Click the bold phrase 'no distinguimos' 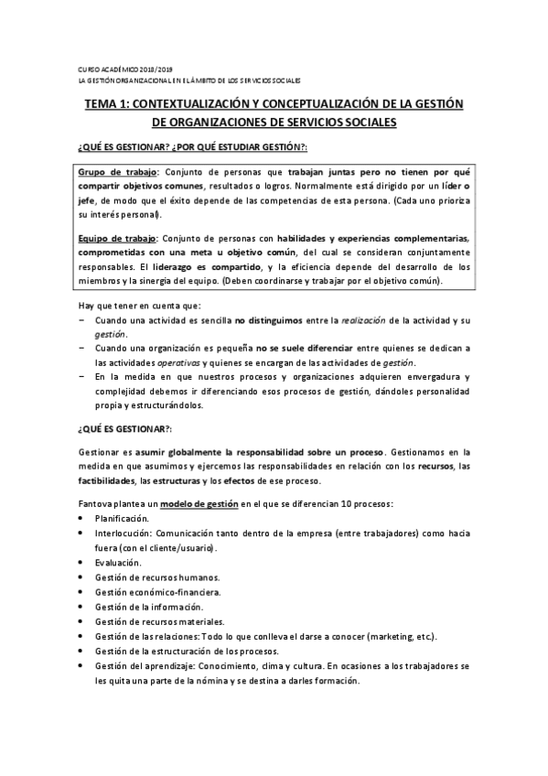(x=270, y=320)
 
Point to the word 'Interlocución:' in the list (x=123, y=533)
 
